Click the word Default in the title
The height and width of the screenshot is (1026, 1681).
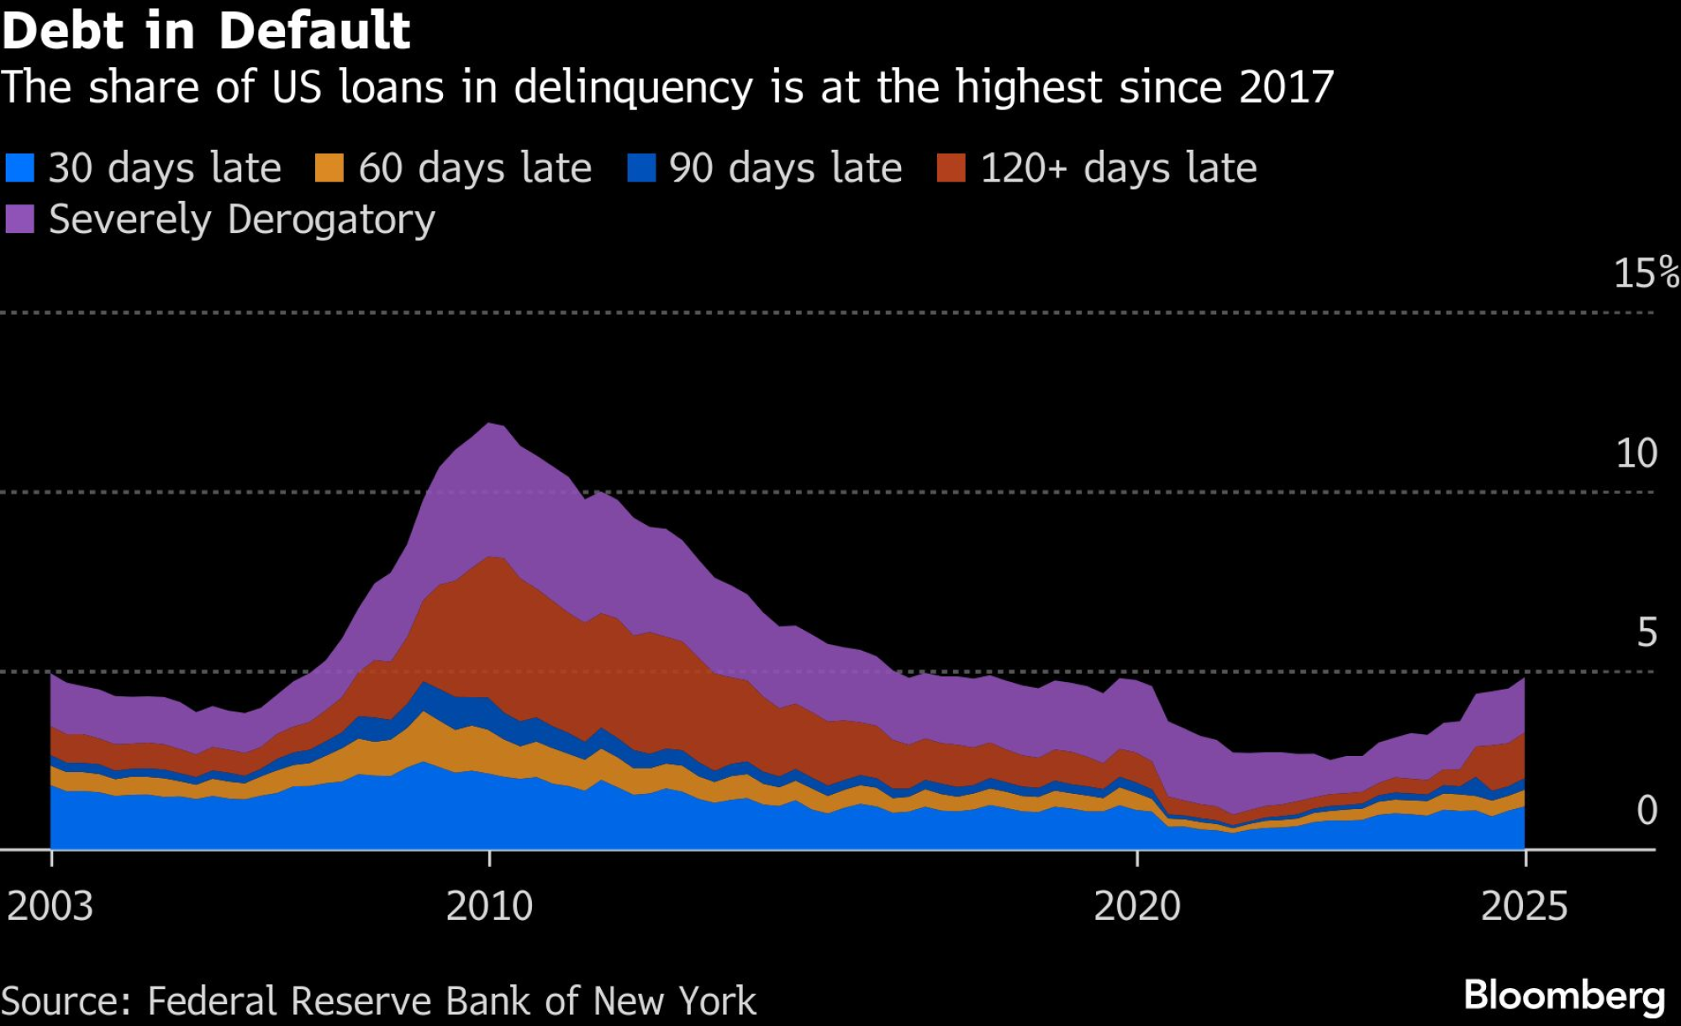314,31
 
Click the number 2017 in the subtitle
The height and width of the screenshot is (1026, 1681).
1286,87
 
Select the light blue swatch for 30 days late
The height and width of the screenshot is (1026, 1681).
19,167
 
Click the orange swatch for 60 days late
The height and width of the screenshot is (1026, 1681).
329,167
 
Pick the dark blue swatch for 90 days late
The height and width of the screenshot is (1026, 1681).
641,167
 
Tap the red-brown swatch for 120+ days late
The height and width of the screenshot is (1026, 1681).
951,167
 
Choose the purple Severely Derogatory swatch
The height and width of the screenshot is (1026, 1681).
19,219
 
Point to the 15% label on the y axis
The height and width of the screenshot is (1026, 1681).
1645,273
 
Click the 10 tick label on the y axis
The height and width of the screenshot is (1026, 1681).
1636,453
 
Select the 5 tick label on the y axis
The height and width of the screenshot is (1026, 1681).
1647,632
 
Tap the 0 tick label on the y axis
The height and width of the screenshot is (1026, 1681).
1647,810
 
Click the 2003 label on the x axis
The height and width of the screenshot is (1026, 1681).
50,907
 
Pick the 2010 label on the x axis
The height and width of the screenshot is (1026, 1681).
489,907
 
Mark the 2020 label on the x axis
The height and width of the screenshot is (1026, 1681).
1136,907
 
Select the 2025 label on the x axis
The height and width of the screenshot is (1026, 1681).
1524,907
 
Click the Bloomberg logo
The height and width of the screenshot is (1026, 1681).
1564,996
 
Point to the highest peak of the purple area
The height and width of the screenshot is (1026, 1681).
490,424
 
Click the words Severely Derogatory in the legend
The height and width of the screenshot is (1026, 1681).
242,219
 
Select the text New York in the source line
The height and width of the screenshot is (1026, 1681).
674,1002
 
